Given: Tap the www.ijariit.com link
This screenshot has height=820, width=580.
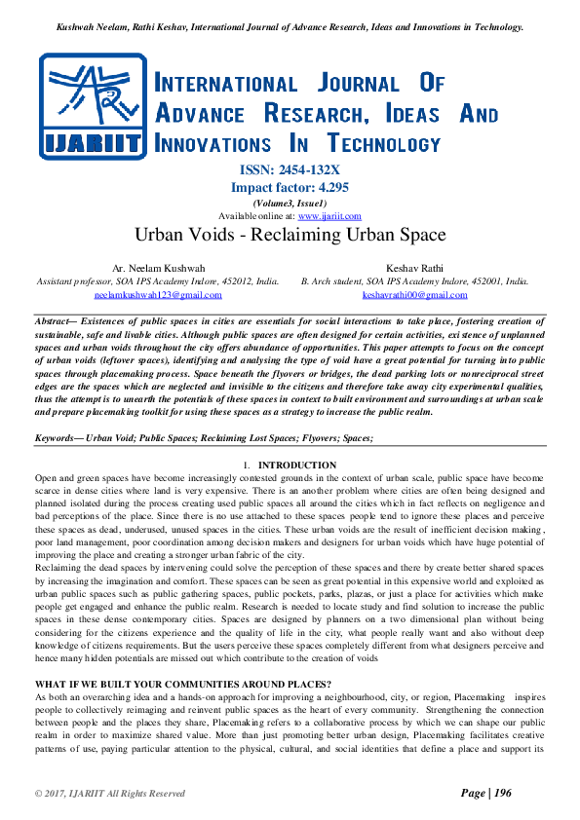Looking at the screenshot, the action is pos(329,216).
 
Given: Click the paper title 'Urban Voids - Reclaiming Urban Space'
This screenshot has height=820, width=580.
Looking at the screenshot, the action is pos(290,235).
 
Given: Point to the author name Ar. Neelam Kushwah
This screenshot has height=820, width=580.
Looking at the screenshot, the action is pos(158,267).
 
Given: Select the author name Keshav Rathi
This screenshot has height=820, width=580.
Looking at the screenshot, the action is pos(415,267).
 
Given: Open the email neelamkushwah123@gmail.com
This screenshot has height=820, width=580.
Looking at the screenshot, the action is pos(158,294).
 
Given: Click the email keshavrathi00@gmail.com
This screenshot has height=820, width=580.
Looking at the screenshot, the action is pos(415,294).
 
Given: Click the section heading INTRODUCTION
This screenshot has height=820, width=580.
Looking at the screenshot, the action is pos(297,466).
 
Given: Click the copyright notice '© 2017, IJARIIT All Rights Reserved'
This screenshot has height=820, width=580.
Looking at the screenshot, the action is pos(110,794).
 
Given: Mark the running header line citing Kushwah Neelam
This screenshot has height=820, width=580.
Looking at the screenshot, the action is pos(290,27).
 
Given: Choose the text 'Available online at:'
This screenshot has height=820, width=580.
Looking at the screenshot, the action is pos(257,216).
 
